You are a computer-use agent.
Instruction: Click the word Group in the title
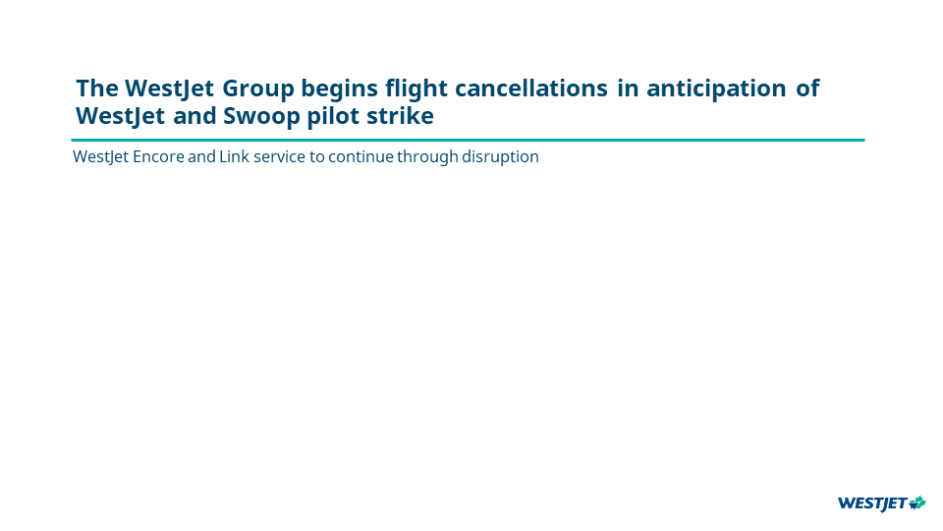tap(258, 88)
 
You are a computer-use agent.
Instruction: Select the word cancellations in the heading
tap(531, 88)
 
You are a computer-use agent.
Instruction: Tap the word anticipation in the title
tap(716, 89)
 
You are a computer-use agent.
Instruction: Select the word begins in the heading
tap(339, 89)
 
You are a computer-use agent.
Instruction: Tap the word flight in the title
tap(416, 89)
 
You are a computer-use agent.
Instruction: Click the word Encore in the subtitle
tap(158, 156)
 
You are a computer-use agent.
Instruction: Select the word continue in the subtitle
tap(361, 156)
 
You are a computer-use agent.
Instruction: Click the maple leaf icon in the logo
tap(917, 502)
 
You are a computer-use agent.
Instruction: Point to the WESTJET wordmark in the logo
tap(872, 503)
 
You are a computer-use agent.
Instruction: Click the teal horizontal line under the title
tap(468, 141)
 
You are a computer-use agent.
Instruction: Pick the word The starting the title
tap(97, 88)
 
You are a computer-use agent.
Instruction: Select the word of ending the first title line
tap(807, 88)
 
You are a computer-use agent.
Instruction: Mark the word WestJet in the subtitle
tap(100, 157)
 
